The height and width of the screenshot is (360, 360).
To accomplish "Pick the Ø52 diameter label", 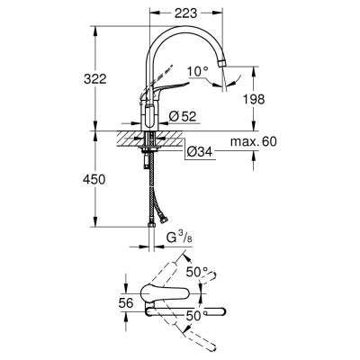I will click(x=184, y=114).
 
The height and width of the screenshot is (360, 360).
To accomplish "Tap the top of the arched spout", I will click(x=184, y=35).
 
